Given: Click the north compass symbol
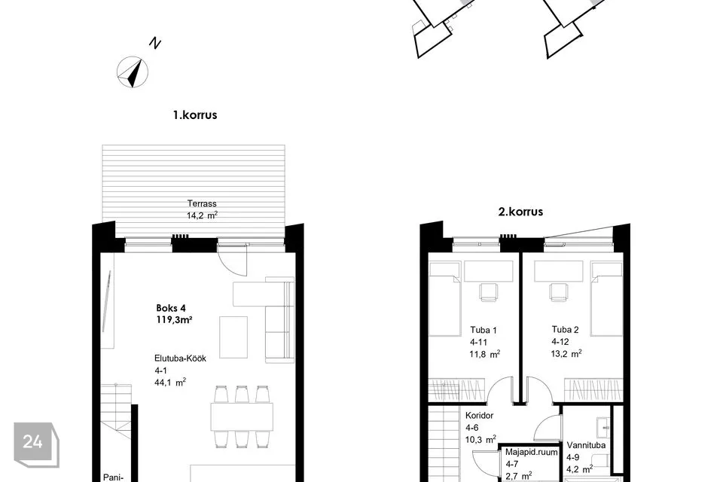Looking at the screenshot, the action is click(133, 72).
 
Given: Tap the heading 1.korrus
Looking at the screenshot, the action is click(194, 114).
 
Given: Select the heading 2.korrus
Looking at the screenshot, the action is click(520, 212).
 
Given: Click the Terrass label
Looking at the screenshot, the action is click(202, 203).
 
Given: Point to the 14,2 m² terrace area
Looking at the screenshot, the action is click(202, 215).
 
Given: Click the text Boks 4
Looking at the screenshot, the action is click(171, 308).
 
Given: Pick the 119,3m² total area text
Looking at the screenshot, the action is click(174, 319).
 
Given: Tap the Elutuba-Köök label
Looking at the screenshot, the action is click(180, 358).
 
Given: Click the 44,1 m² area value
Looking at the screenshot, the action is click(170, 382).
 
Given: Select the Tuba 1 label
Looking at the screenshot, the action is click(484, 330).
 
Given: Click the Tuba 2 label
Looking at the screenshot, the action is click(565, 329).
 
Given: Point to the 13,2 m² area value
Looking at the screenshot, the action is click(566, 354).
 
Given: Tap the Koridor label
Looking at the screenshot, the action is click(479, 416).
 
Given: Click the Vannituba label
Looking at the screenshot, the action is click(586, 445).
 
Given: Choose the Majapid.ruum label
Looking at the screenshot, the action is click(531, 453).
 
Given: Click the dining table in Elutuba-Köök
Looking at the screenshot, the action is click(242, 417).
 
